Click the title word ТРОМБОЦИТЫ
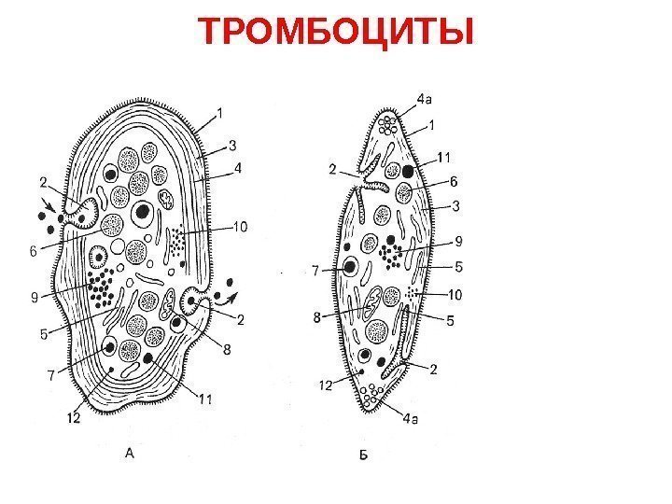tap(336, 32)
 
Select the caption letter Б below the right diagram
tap(364, 455)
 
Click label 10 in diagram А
tap(240, 225)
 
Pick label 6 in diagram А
tap(34, 250)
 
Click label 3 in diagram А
tap(232, 145)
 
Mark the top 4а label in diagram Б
tap(424, 97)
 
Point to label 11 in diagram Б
tap(444, 155)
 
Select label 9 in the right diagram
tap(457, 239)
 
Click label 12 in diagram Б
tap(324, 384)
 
